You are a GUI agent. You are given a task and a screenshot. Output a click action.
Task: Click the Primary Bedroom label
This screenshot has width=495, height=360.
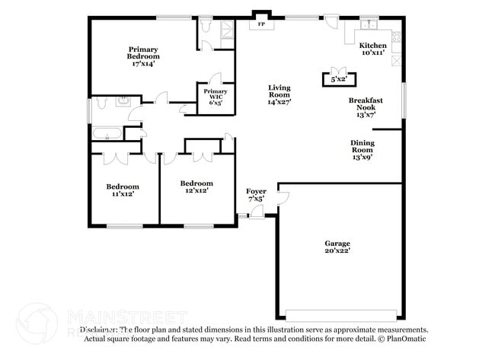(x=143, y=56)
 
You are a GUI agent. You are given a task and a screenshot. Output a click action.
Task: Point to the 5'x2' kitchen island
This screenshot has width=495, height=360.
(x=336, y=78)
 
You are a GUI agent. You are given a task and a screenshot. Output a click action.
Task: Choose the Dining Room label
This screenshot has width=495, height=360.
(x=362, y=150)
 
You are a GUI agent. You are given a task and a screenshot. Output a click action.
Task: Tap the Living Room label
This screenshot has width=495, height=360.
(x=279, y=94)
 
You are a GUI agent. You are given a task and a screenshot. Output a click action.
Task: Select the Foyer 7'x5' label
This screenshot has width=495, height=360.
(x=255, y=195)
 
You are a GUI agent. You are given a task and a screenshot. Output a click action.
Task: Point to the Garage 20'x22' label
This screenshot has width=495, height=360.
(x=337, y=247)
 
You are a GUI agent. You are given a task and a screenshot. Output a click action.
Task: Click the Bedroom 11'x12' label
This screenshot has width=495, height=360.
(x=122, y=190)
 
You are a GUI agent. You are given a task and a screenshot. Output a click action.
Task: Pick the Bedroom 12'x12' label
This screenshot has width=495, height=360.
(x=196, y=186)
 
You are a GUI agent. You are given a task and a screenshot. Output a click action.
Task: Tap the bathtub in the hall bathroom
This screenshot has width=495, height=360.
(x=107, y=135)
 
